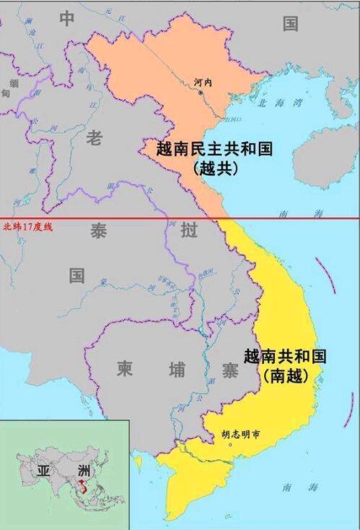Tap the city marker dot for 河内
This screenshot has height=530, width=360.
201,92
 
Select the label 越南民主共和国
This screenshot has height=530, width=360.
214,149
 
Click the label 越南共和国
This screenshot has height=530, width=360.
286,357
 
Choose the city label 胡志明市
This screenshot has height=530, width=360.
238,435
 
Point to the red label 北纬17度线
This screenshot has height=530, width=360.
28,227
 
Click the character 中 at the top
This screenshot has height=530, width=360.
67,19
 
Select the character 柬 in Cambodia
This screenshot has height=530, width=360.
125,370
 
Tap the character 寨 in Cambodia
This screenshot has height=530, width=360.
229,370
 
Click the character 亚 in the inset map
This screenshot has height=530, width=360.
43,472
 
